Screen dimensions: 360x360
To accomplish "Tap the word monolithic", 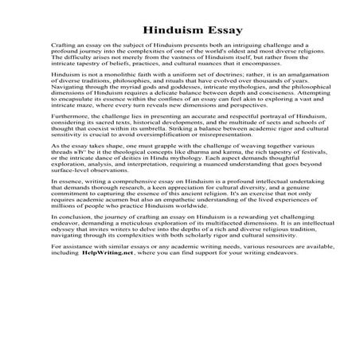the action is tap(104, 74).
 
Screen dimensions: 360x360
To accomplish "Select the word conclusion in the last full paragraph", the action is tap(73, 242).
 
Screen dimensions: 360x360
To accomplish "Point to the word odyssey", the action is tap(65, 256).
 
